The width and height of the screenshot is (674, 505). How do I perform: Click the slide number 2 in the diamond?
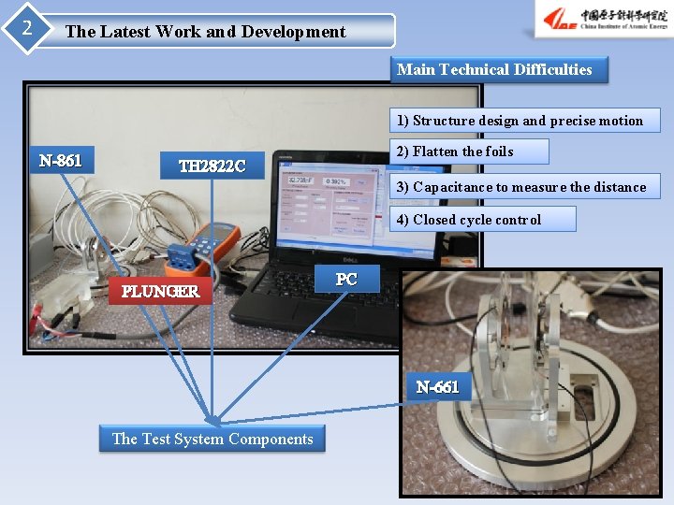pos(26,28)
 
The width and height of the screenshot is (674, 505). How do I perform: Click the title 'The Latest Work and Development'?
pos(205,31)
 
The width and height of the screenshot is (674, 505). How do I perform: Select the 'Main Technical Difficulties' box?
pos(494,69)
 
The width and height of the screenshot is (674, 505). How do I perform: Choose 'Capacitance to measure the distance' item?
pos(520,187)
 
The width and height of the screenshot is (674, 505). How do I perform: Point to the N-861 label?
pos(61,161)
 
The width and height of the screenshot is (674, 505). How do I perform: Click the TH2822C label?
pos(212,166)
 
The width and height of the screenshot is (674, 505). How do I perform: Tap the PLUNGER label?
pos(160,291)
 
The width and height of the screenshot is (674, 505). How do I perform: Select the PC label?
pos(345,279)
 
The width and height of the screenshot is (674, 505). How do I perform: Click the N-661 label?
pos(437,386)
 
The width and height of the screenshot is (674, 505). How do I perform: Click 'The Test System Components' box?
pos(212,439)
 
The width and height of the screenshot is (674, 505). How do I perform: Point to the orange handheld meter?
pos(213,245)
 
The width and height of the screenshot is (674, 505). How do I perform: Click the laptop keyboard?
pos(309,299)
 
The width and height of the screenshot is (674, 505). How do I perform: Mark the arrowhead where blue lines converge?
pos(214,420)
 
